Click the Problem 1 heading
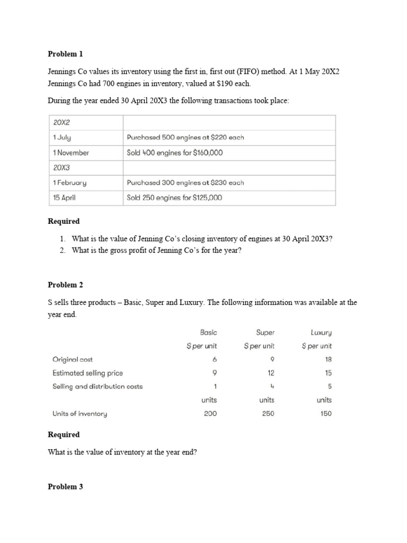65,54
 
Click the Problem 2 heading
65,285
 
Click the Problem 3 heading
65,486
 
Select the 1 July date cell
63,137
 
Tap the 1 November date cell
71,153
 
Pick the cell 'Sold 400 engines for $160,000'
175,153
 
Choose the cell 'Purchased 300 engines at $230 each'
185,182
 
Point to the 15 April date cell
65,198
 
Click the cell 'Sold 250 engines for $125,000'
175,198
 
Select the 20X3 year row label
62,168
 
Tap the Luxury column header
321,332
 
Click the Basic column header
208,332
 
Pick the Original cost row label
73,359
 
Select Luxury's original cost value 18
328,359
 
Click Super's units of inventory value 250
268,414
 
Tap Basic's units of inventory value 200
210,414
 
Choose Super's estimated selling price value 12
271,373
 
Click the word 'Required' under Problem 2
64,434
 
